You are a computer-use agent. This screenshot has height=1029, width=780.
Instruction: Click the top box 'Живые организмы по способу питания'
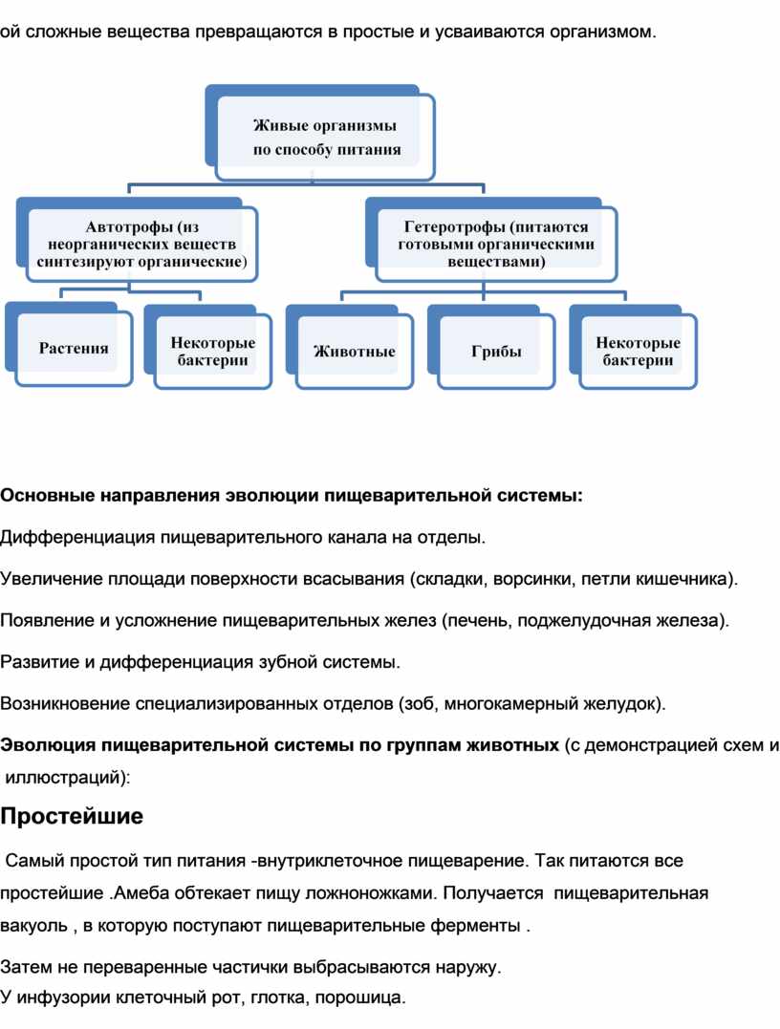(x=326, y=137)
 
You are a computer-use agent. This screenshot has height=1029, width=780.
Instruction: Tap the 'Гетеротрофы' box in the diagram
(x=496, y=244)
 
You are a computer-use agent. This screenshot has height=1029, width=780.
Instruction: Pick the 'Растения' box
(x=74, y=349)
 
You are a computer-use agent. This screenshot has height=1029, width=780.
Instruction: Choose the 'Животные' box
(x=355, y=352)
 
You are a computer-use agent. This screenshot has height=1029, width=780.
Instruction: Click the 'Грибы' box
(x=496, y=352)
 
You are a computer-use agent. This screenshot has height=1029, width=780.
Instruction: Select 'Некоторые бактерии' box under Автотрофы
(x=213, y=352)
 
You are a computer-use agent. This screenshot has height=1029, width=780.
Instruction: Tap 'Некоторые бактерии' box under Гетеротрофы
(x=638, y=352)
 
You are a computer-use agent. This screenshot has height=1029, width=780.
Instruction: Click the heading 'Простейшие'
(x=72, y=817)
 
